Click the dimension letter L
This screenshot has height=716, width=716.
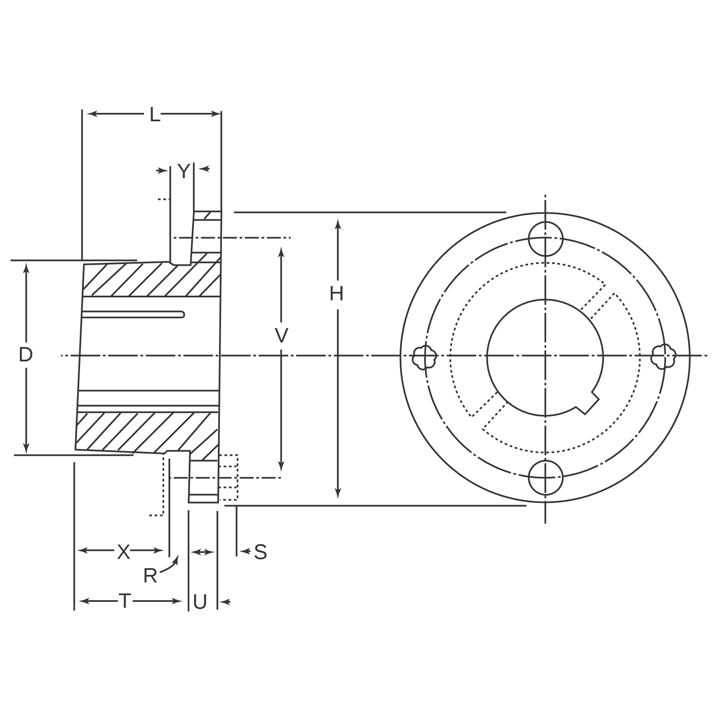click(155, 114)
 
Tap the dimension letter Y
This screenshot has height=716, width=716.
click(184, 171)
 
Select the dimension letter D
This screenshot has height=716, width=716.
click(26, 355)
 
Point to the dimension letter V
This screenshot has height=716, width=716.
click(281, 336)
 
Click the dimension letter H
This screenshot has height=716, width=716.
click(337, 294)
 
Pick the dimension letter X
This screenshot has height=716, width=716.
click(123, 552)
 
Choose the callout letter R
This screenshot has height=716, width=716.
click(150, 575)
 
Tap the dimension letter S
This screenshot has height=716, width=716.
click(261, 552)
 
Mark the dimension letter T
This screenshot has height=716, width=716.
click(125, 601)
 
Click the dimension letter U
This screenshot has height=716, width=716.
click(200, 602)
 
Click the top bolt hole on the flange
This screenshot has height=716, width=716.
click(545, 239)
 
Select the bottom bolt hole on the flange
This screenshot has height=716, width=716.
click(545, 477)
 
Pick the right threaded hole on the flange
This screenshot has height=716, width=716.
click(663, 356)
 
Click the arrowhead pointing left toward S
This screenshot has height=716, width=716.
click(244, 550)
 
